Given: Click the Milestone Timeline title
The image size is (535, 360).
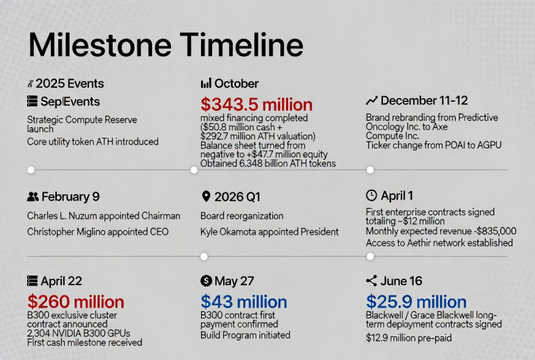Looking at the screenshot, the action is tap(166, 45).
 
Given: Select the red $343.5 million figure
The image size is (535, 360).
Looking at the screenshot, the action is tap(257, 105).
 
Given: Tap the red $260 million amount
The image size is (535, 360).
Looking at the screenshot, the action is tap(76, 302).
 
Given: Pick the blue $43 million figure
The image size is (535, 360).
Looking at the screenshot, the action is tap(244, 302).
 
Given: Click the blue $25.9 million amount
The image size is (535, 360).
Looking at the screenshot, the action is tap(416, 302).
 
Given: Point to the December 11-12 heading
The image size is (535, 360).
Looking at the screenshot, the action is tap(424, 101).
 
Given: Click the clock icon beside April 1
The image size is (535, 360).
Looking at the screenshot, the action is tap(371, 195).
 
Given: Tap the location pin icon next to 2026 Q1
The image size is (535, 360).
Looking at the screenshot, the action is tap(206, 196).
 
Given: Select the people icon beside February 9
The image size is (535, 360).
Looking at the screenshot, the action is tap(33, 197).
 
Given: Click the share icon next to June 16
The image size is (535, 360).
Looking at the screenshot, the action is tap(371, 281).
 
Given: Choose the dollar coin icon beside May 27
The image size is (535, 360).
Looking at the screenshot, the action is tap(206, 281).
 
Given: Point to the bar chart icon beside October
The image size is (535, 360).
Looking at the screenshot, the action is tap(206, 83).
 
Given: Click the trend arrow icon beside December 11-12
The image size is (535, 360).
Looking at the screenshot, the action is tap(371, 101).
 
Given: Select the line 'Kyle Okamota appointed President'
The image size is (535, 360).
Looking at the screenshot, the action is tap(269, 232).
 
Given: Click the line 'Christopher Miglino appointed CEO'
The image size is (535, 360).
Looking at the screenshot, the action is tap(98, 232).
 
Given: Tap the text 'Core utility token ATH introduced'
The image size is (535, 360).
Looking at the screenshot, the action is tap(93, 142).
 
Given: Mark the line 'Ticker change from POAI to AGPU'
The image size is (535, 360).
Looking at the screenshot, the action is tap(434, 145).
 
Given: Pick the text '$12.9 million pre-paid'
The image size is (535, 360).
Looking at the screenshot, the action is tap(409, 338).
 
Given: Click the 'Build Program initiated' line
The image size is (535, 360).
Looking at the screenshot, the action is tap(246, 335).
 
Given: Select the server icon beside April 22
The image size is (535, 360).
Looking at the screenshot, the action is tap(32, 281).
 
